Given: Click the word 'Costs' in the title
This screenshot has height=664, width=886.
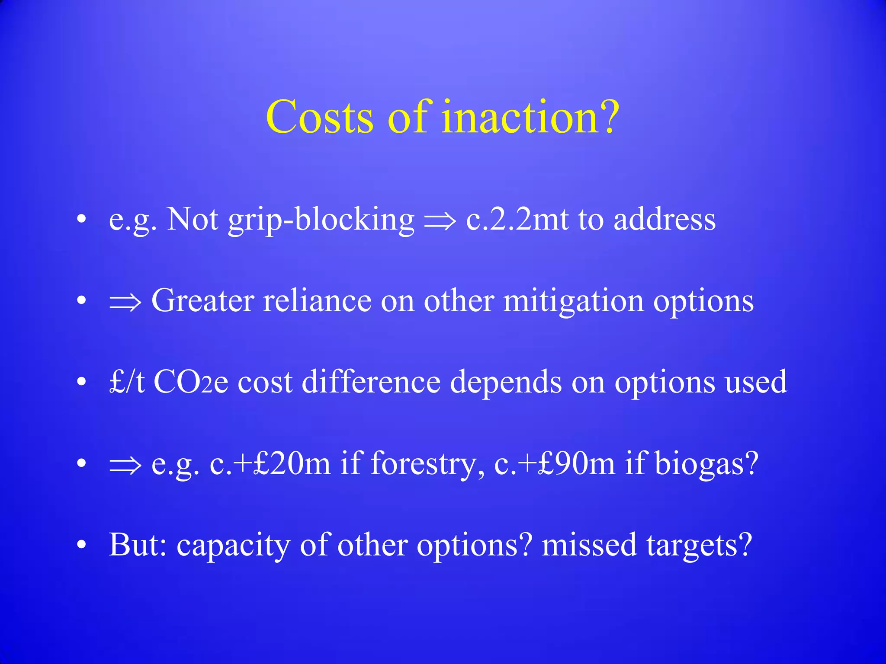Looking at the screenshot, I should (x=319, y=117).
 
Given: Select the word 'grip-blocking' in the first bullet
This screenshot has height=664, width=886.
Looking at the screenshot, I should (x=321, y=220).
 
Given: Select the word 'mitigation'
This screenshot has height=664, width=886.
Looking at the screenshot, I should (x=573, y=301).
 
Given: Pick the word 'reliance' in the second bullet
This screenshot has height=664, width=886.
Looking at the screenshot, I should (x=317, y=301).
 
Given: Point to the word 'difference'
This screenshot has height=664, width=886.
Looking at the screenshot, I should (x=371, y=382).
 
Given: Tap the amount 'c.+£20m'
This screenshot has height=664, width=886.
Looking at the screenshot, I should (x=270, y=463).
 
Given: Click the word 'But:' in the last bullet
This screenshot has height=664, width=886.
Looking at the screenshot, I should (x=138, y=545).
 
